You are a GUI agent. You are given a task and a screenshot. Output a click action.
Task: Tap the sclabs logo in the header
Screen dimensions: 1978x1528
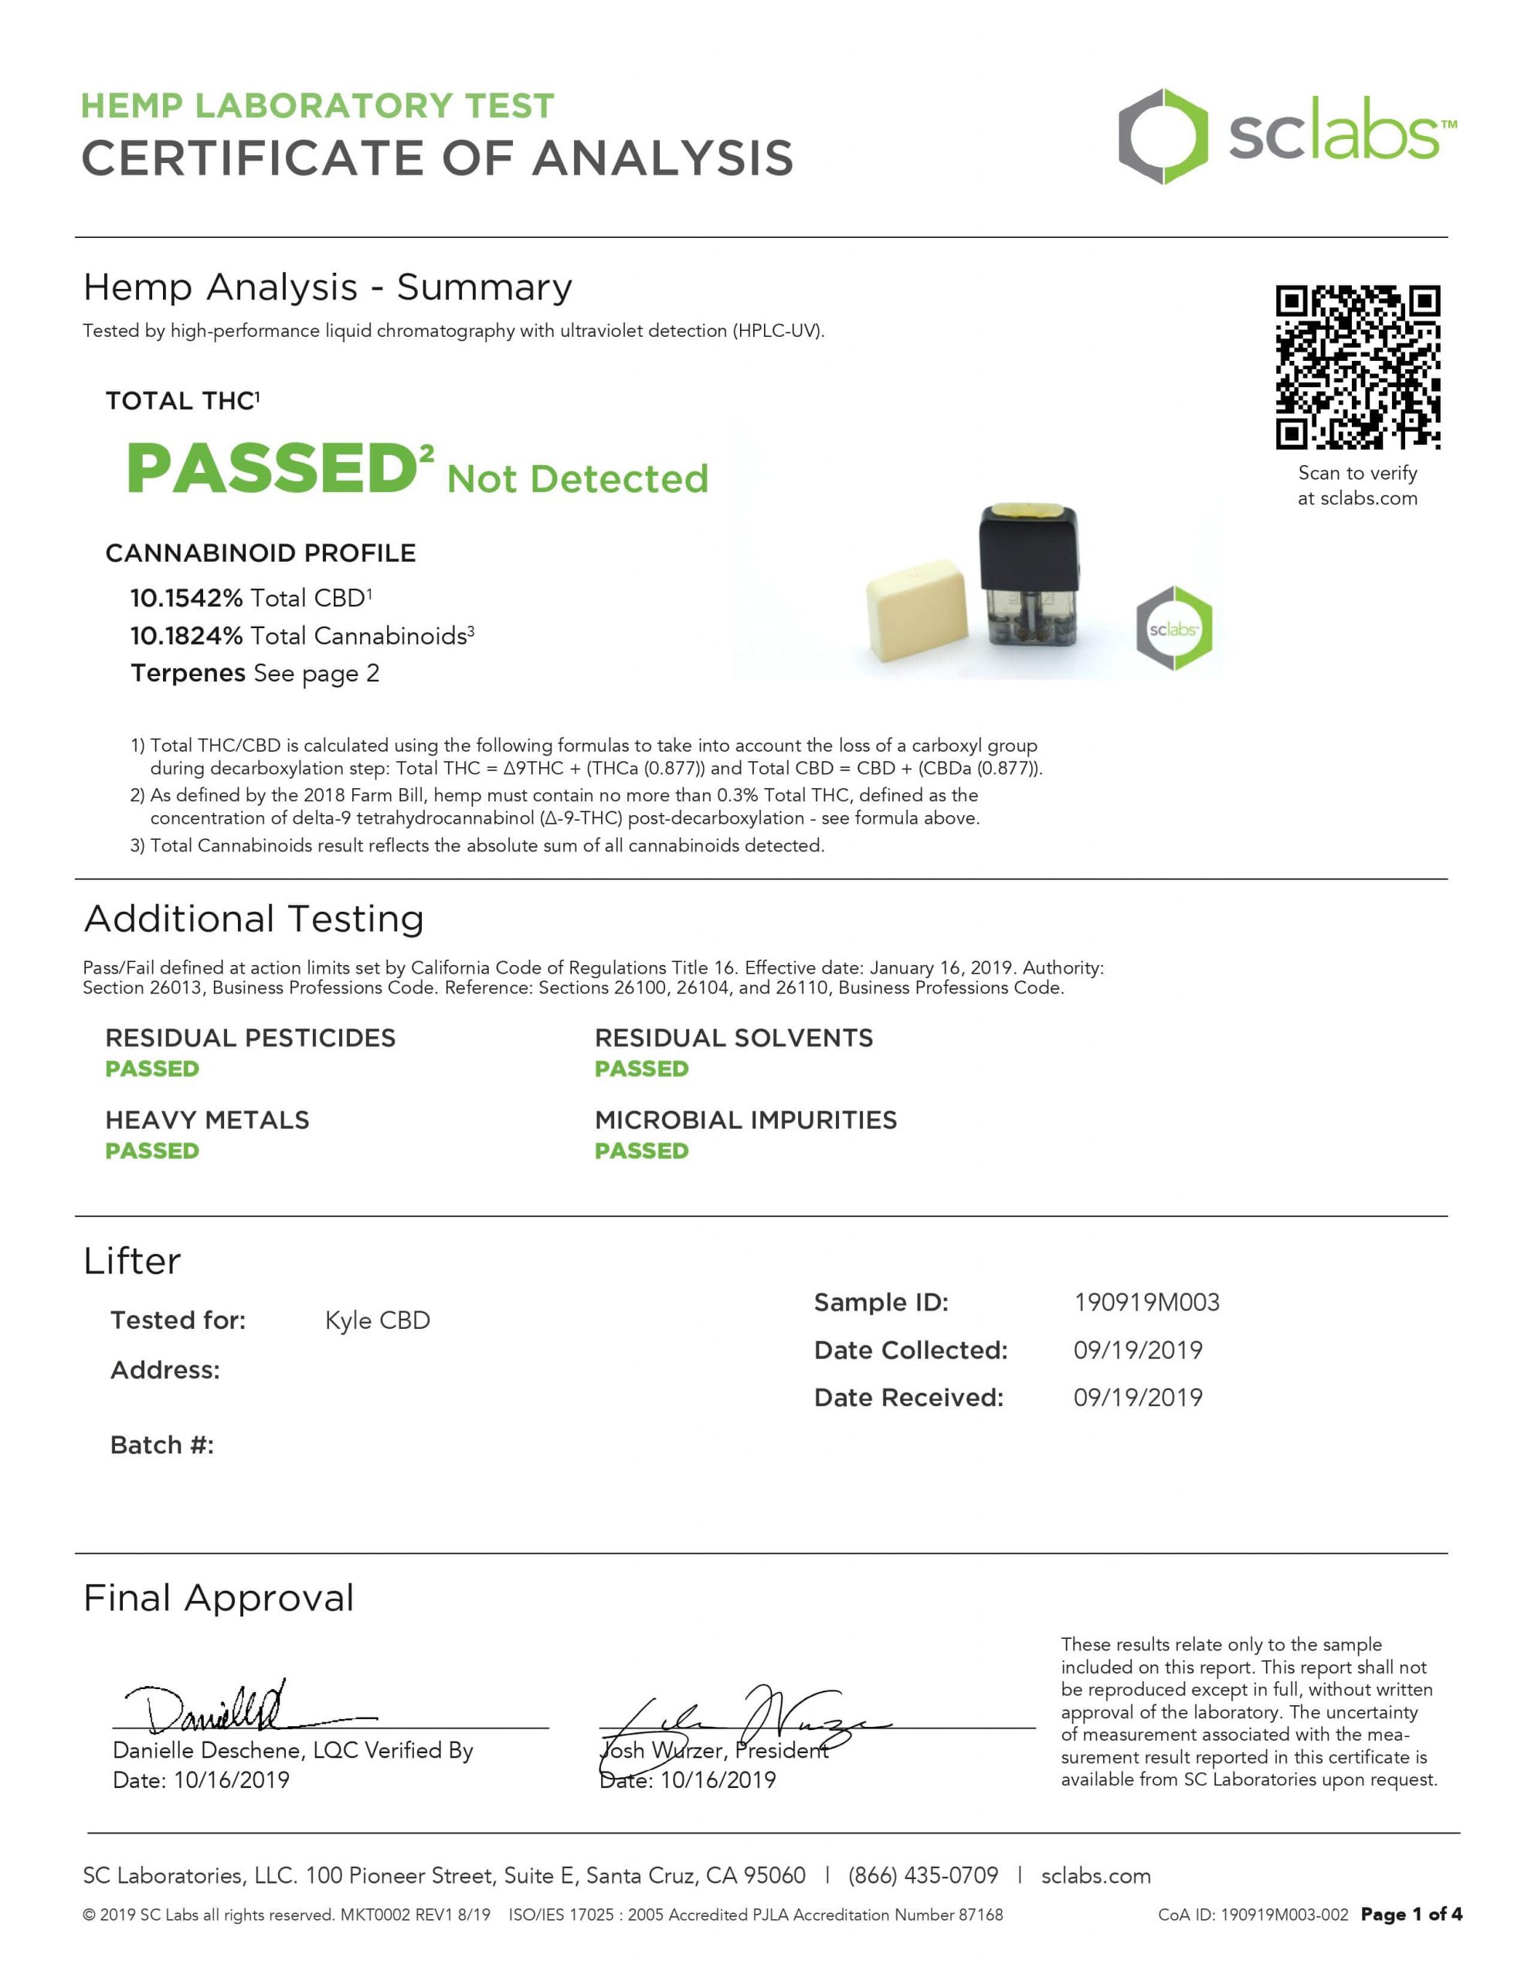pos(1286,137)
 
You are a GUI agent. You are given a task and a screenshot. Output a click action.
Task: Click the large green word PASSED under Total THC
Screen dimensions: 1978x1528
pos(272,468)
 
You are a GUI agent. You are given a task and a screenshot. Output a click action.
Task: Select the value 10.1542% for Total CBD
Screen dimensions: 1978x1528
pos(185,598)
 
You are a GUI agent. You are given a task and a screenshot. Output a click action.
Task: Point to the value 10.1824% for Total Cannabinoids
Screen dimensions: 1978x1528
pos(185,636)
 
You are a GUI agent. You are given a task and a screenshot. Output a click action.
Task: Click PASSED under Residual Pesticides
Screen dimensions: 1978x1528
pos(152,1069)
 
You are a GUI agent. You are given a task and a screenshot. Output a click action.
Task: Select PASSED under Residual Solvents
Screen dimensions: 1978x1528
pos(641,1069)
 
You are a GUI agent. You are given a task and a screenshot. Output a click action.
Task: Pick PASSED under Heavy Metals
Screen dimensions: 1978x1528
pos(152,1150)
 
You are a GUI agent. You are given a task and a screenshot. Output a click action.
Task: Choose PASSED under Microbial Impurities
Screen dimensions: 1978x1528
pos(641,1150)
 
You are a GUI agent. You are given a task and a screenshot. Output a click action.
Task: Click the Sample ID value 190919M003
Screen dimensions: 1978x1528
pos(1146,1303)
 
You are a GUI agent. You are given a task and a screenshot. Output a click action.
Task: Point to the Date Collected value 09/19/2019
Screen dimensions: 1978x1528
pos(1138,1350)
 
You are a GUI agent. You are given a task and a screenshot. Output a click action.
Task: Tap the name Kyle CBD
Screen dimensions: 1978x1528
pos(377,1320)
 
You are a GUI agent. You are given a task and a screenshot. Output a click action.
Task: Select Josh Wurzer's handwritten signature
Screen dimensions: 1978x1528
pos(742,1716)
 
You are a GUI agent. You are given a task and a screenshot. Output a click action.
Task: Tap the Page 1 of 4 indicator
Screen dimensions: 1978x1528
pos(1411,1915)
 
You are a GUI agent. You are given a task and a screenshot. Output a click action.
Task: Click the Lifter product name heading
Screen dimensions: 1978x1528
pos(132,1261)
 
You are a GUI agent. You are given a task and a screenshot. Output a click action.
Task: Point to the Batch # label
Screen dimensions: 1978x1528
pos(162,1445)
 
